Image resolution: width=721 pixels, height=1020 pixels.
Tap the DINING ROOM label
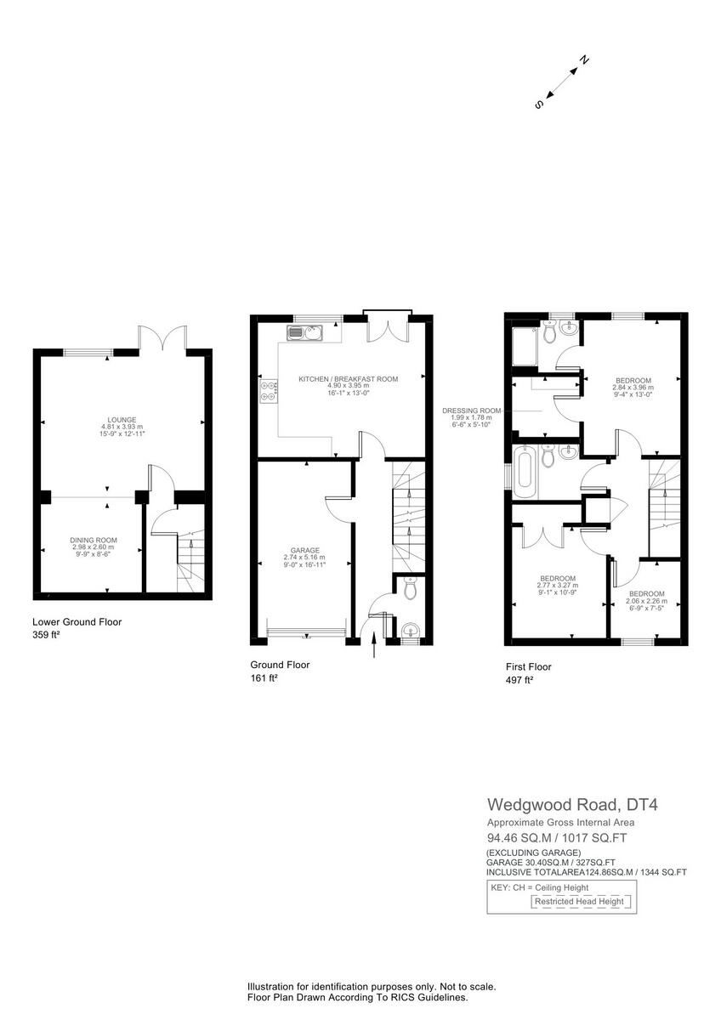coord(94,540)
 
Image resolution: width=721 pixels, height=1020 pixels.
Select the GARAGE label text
coord(304,550)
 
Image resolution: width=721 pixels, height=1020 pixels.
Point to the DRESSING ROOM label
coord(472,411)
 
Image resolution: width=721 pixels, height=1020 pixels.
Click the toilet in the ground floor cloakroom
coord(409,588)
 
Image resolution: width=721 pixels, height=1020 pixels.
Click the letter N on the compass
coord(584,60)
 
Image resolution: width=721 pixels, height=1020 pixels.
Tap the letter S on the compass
coord(539,105)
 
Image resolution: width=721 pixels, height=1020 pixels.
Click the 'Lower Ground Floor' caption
coord(77,622)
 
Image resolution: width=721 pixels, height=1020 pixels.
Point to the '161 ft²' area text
coord(264,678)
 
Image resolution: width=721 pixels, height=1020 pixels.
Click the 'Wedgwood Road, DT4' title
coord(561,804)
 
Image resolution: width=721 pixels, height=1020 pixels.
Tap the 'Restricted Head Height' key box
coord(579,901)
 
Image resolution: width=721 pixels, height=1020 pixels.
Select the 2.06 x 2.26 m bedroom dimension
coord(647,602)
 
